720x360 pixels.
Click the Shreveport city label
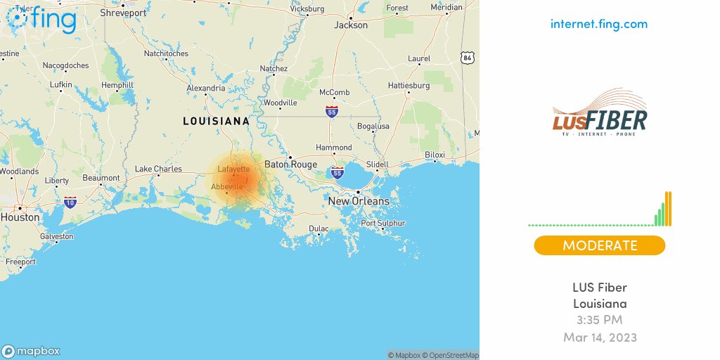click(x=123, y=13)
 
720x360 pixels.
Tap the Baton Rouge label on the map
click(x=290, y=165)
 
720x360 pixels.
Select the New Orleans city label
click(x=359, y=201)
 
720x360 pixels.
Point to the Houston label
click(x=20, y=217)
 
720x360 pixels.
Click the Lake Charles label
click(x=158, y=169)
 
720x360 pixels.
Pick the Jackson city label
click(x=351, y=25)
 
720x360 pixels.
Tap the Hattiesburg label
click(x=409, y=86)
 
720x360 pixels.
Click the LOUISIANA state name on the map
click(x=216, y=121)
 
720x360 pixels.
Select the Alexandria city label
click(x=206, y=88)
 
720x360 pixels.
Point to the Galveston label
click(x=56, y=236)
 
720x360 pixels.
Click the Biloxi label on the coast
click(x=435, y=155)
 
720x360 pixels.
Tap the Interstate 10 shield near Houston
click(x=70, y=202)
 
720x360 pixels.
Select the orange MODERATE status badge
click(x=599, y=245)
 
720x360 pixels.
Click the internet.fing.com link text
click(x=599, y=24)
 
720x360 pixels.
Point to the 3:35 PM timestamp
click(x=599, y=321)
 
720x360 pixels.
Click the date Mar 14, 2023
click(x=599, y=337)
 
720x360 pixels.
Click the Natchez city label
click(x=274, y=69)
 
